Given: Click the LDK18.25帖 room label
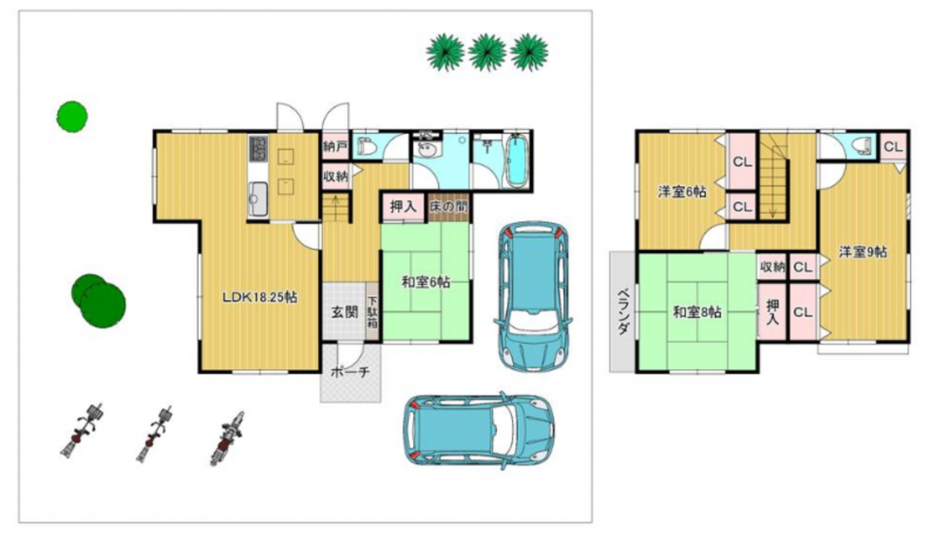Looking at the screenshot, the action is click(259, 297).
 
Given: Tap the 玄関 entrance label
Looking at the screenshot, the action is click(344, 312).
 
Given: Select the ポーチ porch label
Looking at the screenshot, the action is click(351, 372).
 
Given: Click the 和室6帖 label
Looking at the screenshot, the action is click(427, 282).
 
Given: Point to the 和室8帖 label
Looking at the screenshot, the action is click(697, 312).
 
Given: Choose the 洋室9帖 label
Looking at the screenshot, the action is click(864, 252).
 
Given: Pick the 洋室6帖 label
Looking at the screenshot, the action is click(681, 192).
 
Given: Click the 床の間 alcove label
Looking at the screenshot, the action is click(449, 206).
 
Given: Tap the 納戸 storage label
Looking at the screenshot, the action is click(335, 146).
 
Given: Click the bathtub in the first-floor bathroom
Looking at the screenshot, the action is click(517, 159).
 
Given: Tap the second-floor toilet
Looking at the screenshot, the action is click(861, 145).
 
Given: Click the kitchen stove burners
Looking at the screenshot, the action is click(258, 149).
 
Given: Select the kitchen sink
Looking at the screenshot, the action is click(256, 196).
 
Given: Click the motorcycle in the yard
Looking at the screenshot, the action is click(227, 438).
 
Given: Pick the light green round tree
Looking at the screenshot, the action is click(72, 116).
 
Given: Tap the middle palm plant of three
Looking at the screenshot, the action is click(487, 51).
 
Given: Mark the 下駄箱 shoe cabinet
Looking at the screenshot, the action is click(372, 312).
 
